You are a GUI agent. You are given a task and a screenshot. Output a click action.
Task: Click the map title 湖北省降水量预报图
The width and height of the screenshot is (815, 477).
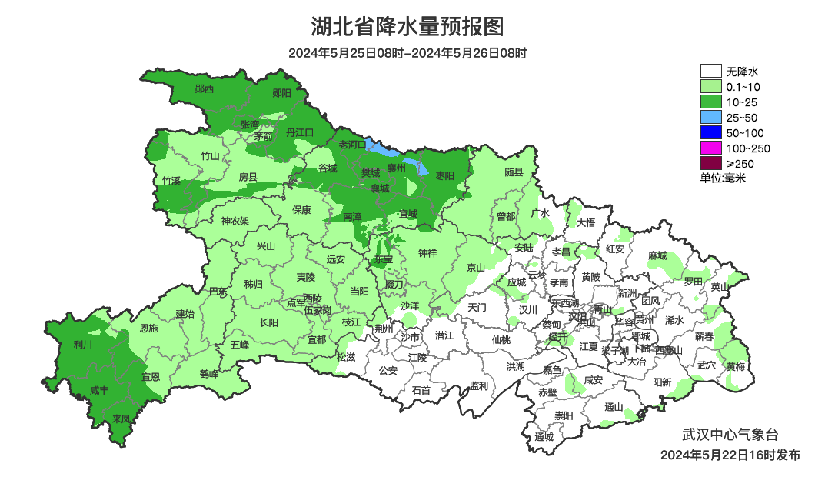tap(407, 27)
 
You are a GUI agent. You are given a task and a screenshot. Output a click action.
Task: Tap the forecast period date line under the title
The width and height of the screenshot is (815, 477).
tap(407, 53)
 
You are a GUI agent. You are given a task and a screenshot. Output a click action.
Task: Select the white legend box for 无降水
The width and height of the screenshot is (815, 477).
tap(710, 71)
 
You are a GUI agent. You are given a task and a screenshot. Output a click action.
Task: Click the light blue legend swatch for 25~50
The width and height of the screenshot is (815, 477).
tap(710, 117)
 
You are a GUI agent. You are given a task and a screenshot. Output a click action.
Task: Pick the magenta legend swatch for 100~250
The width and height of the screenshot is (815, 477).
tap(710, 148)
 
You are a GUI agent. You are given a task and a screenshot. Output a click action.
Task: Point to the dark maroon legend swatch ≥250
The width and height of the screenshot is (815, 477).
tap(710, 163)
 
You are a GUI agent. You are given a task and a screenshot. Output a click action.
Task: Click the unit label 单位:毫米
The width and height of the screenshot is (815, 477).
tap(723, 178)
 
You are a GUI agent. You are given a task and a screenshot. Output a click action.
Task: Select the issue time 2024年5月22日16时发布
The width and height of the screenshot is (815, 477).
tap(730, 455)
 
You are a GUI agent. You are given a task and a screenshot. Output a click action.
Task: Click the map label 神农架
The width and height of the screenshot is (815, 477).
tap(235, 221)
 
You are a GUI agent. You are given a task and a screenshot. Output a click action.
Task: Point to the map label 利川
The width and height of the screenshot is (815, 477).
tap(82, 345)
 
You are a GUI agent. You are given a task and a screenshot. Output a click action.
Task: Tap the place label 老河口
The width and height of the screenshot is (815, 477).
tap(353, 144)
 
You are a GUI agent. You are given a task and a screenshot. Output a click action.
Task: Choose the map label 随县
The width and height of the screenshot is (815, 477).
tap(514, 172)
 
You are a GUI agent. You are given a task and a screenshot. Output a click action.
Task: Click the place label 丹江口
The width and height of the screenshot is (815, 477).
tap(300, 132)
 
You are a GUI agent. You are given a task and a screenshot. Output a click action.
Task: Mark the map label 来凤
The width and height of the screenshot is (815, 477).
tap(121, 419)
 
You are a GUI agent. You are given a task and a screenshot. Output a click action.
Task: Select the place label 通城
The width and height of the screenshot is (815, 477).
tap(544, 437)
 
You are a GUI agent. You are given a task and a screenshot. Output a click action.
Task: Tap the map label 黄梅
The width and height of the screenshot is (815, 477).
tap(735, 366)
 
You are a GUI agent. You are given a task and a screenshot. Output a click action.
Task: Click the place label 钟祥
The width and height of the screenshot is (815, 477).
tap(427, 252)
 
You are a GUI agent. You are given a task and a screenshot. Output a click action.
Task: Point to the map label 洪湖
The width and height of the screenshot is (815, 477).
tap(514, 366)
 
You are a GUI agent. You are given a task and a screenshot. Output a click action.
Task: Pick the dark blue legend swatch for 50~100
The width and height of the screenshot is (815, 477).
tap(710, 132)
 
